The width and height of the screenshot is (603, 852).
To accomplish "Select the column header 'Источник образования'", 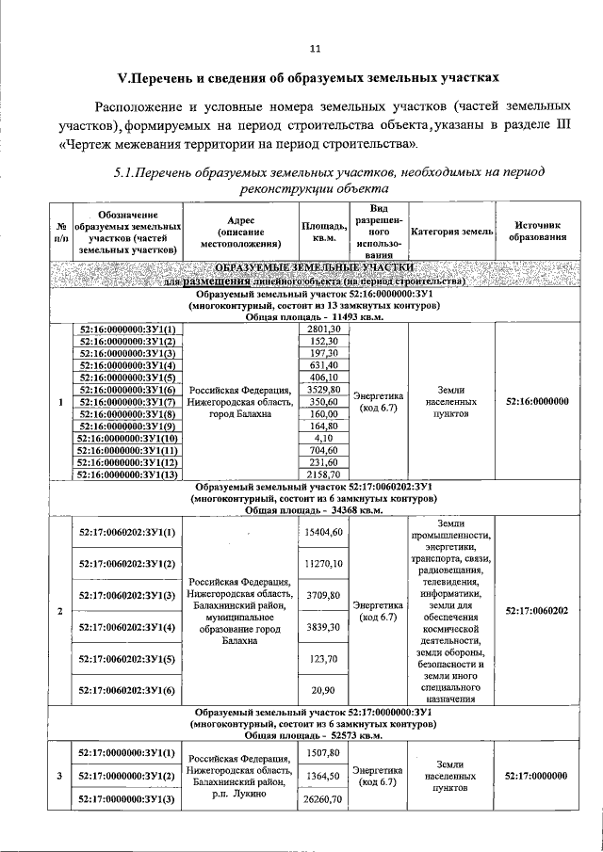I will point(537,231).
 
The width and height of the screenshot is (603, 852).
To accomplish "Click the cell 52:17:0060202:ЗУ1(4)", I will point(127,627).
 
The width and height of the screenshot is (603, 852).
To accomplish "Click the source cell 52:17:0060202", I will point(537,611).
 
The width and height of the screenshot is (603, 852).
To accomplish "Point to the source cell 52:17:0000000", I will point(537,776).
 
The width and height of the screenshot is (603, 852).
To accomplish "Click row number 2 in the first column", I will point(60,611).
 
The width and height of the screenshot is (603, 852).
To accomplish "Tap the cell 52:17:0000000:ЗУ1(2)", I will point(127,776).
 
